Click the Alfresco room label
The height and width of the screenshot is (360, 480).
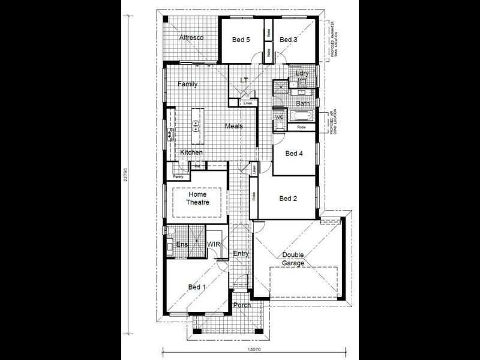[x=191, y=38]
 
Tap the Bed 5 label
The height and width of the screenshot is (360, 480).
[x=241, y=40]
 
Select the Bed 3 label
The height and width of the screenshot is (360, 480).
[x=288, y=40]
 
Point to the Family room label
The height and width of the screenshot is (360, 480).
[x=187, y=85]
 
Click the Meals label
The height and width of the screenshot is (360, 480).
[x=234, y=126]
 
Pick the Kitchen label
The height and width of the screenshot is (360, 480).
[x=191, y=153]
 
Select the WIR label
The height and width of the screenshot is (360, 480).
[x=214, y=245]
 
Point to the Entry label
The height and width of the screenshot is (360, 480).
[x=241, y=254]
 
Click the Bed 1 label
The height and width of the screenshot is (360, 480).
[x=197, y=287]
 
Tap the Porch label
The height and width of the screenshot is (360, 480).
[x=242, y=305]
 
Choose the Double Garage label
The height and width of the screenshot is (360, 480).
[x=293, y=259]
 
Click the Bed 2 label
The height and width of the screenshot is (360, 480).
[x=287, y=199]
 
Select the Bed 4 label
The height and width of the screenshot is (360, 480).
[x=293, y=154]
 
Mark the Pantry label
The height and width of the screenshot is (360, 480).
[x=178, y=177]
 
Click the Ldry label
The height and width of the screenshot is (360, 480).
[x=302, y=74]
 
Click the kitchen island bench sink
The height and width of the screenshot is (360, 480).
[x=196, y=125]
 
